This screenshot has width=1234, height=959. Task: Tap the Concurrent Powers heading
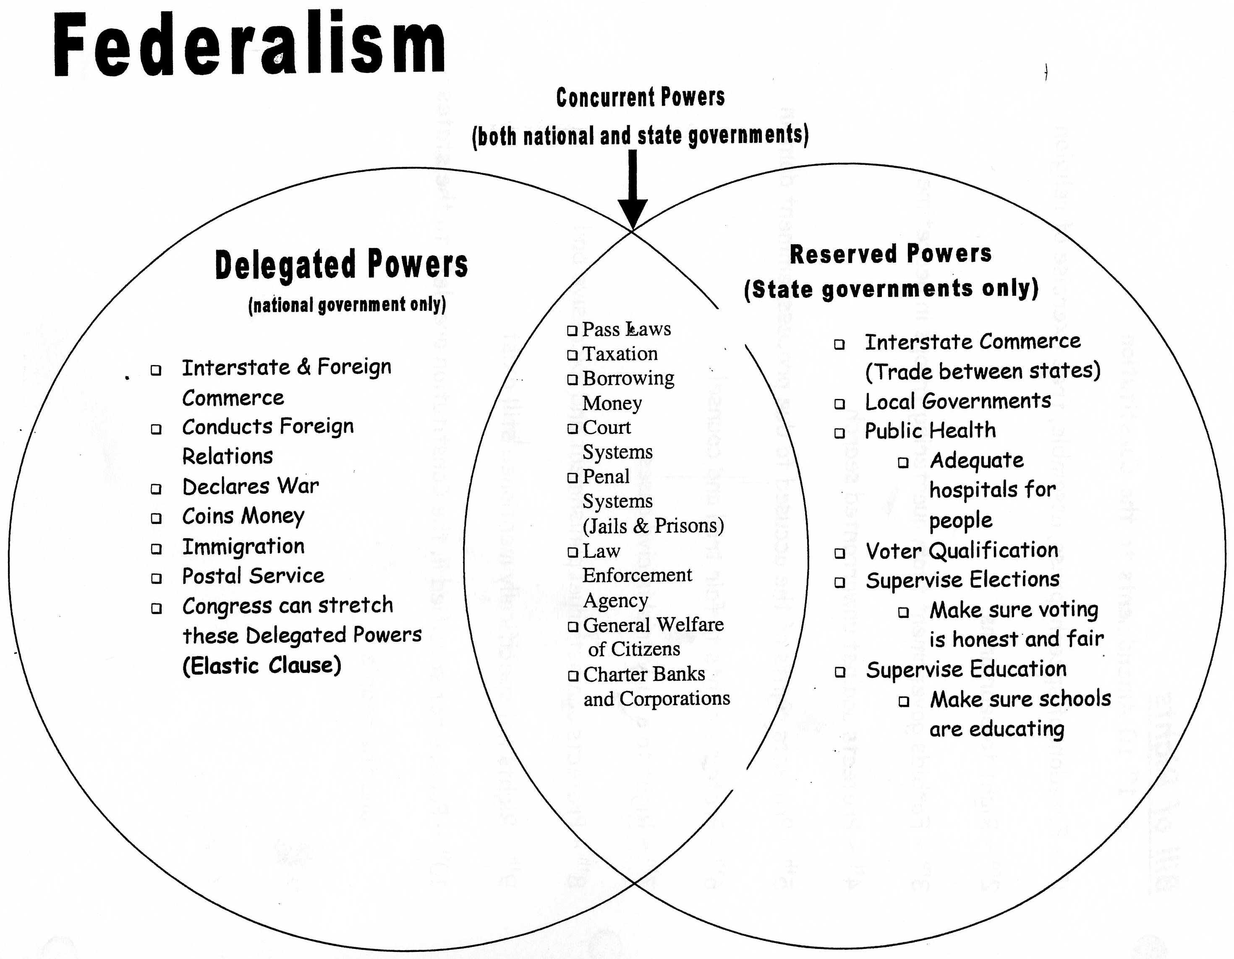pos(640,97)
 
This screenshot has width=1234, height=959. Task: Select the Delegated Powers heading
pos(341,264)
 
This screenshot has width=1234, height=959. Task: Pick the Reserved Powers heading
pos(891,254)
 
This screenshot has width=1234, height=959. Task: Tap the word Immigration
pos(243,547)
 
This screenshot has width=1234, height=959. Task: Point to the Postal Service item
pos(253,576)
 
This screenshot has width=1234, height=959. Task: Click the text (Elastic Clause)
pos(261,665)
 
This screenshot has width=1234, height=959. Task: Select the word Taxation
pos(620,354)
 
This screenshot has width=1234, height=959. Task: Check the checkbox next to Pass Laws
pos(573,331)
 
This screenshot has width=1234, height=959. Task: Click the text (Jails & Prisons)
pos(653,526)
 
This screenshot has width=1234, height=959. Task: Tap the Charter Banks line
pos(644,674)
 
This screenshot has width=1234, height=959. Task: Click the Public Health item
pos(930,431)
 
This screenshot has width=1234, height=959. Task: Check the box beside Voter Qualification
pos(839,553)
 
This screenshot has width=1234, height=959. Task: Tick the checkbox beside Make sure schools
pos(903,702)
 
